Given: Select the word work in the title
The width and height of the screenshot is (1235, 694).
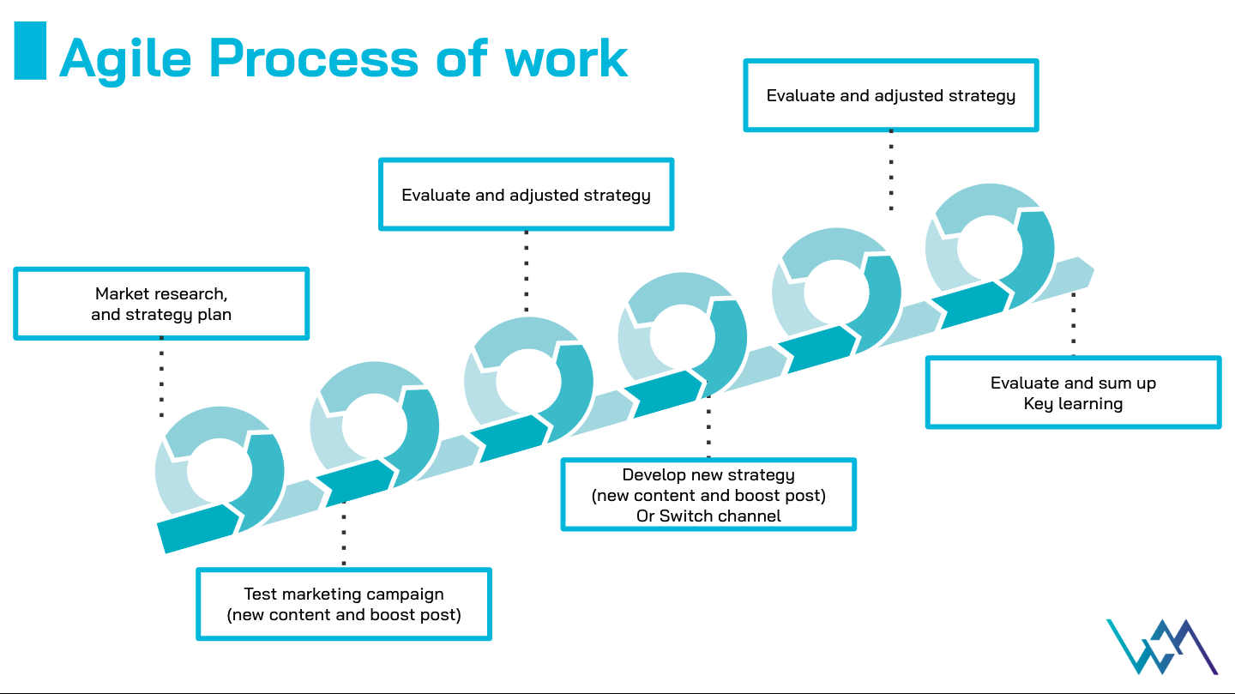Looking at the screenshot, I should click(x=566, y=58).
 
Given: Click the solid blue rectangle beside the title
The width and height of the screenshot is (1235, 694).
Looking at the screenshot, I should click(x=30, y=51).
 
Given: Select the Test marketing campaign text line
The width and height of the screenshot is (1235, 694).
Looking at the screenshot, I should click(x=344, y=594).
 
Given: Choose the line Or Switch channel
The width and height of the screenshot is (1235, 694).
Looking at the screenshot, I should click(x=708, y=516).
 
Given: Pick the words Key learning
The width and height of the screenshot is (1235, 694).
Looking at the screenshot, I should click(x=1073, y=403).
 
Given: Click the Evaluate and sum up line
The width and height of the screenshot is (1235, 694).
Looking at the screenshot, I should click(x=1073, y=383).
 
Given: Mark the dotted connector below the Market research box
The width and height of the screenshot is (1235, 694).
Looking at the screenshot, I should click(x=161, y=377).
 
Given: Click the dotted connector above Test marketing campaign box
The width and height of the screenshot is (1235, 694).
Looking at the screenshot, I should click(x=344, y=536).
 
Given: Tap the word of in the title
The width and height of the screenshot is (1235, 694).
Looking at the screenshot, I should click(x=461, y=58).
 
